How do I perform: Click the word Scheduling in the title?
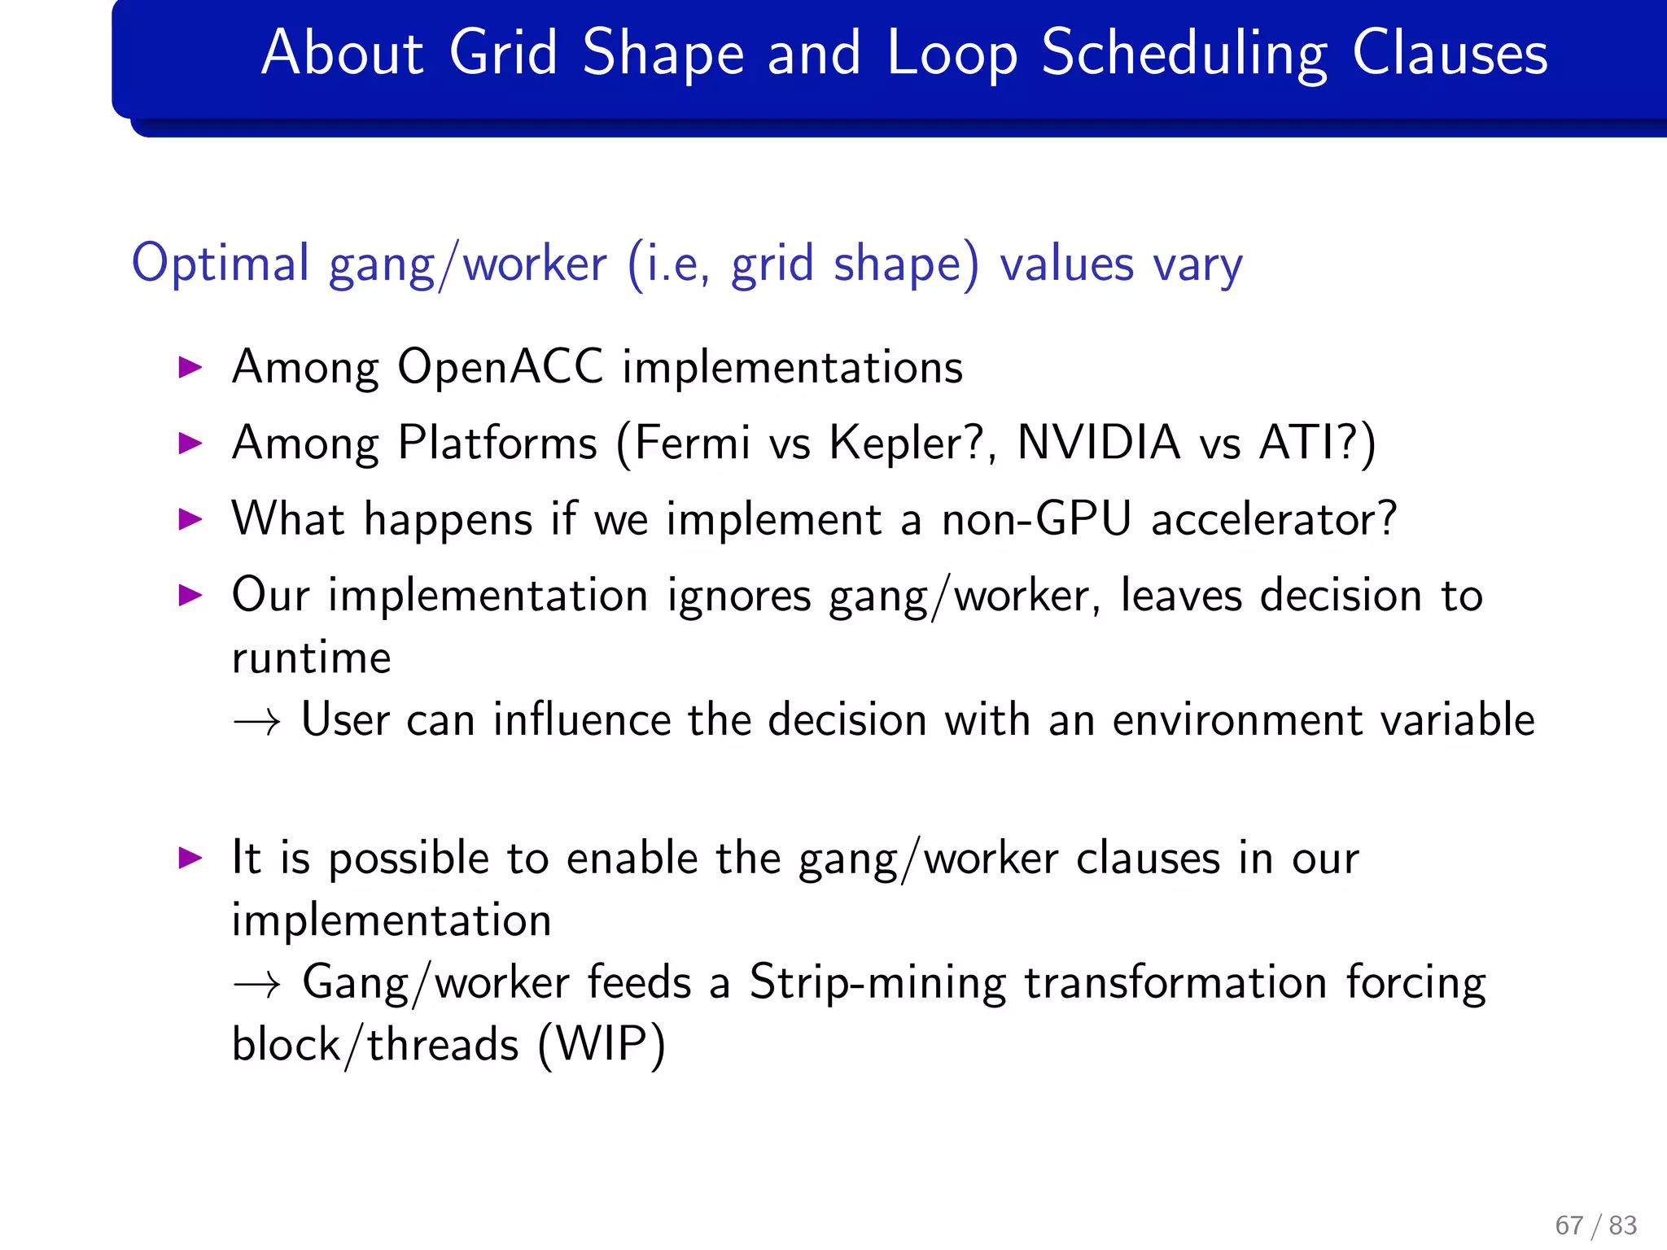[1184, 54]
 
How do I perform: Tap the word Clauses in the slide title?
[1450, 54]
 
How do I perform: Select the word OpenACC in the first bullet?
[500, 367]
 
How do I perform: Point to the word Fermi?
[691, 444]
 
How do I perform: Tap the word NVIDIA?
[1098, 444]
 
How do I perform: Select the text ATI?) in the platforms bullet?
[1317, 444]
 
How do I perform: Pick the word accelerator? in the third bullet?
[1274, 519]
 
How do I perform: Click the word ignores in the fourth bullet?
[738, 596]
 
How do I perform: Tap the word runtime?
[311, 658]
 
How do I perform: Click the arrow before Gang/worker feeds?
[256, 985]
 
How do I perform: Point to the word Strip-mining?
[877, 983]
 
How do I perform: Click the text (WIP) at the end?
[602, 1045]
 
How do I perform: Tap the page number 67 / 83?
[1595, 1225]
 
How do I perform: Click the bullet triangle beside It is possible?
[190, 858]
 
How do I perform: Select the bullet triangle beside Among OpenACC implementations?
[190, 367]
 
